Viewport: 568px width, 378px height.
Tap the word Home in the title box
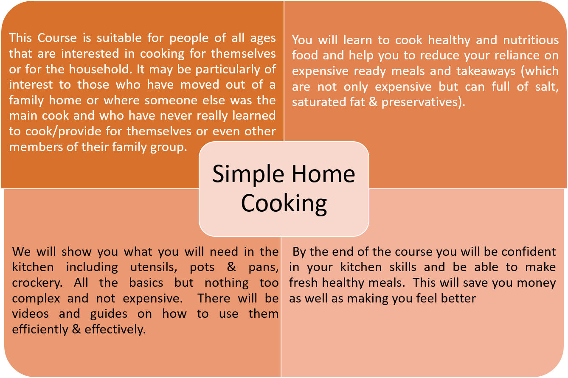(323, 174)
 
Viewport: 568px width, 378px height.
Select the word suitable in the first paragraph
(119, 38)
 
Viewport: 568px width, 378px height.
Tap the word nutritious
(531, 40)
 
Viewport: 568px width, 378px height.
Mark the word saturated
(318, 102)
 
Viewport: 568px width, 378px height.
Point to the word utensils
(153, 267)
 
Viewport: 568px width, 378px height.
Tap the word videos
(31, 314)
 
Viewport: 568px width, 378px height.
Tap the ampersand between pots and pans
(231, 267)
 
